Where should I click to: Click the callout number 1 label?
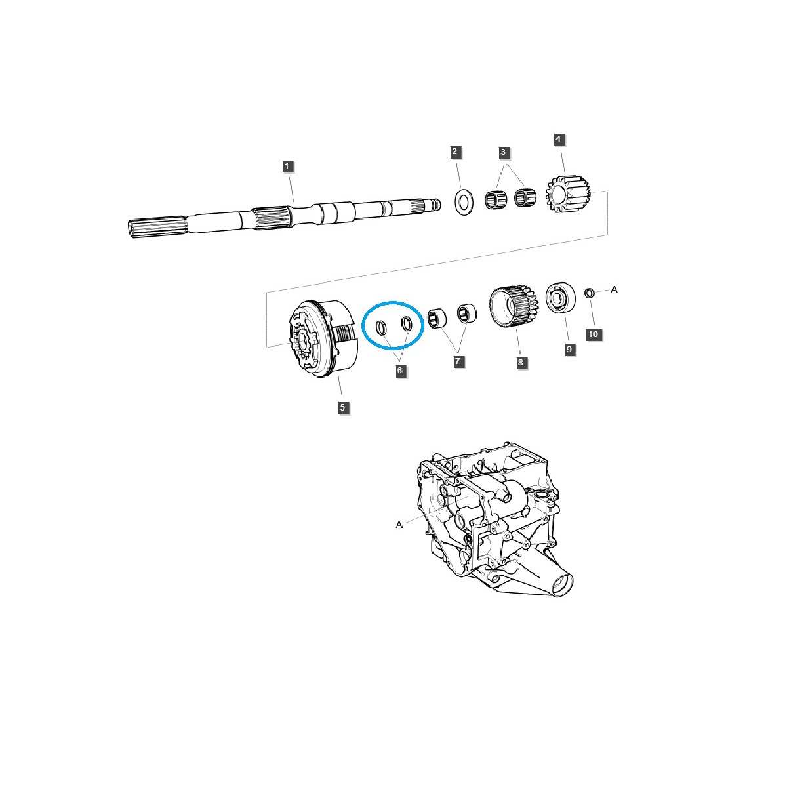tap(287, 166)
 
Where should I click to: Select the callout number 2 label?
tap(456, 152)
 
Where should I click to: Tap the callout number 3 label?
tap(503, 152)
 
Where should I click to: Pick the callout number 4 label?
tap(558, 139)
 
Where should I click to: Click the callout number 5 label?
tap(343, 408)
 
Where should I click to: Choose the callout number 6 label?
tap(399, 371)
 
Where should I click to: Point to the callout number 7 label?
tap(459, 361)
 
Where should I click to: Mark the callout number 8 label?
tap(522, 362)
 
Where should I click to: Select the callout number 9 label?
tap(569, 350)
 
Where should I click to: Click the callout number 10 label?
tap(593, 334)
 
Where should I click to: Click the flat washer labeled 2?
tap(464, 202)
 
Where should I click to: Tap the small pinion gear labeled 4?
tap(568, 193)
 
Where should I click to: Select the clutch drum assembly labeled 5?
tap(324, 338)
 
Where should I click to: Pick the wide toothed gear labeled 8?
tap(514, 306)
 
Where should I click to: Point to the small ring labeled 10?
tap(589, 293)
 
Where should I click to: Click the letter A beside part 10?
tap(615, 289)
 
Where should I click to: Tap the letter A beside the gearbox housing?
tap(399, 525)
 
